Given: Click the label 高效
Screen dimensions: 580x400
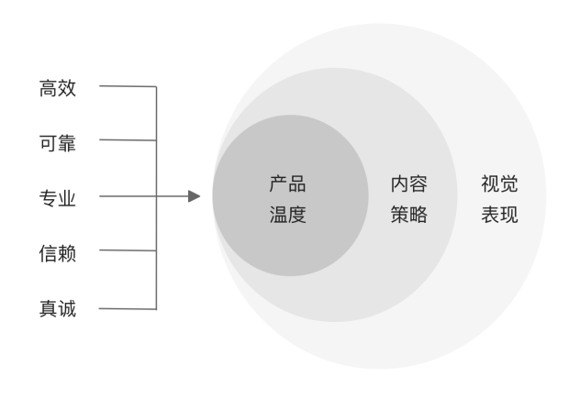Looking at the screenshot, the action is pos(57,88).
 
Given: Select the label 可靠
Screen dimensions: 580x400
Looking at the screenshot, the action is pos(57,142).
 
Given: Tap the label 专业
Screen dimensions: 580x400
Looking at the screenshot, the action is pos(57,197).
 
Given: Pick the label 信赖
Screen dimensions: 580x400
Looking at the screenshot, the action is pos(57,252).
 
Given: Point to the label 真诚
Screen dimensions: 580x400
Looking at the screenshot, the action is pos(57,308).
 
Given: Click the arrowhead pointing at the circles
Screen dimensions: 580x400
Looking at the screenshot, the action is pos(194,196).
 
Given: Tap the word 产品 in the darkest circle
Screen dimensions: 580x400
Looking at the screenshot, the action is pos(287,184).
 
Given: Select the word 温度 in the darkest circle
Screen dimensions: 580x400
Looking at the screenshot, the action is pos(287,217).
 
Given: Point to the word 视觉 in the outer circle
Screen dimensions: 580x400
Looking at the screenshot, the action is pos(499,184).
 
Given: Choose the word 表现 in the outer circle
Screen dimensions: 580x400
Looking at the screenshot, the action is pos(499,217).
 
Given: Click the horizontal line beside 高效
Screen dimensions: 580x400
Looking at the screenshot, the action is pos(127,87).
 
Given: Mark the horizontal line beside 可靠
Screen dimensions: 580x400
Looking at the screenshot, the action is pos(127,140).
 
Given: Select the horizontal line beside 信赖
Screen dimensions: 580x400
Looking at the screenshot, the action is pos(127,250).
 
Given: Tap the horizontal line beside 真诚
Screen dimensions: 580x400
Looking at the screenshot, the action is pos(127,308).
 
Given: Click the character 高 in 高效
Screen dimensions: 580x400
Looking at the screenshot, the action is pos(48,88).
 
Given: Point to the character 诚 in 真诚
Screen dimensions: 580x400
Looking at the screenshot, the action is pos(66,308).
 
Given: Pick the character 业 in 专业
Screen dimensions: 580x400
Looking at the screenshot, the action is pos(66,197).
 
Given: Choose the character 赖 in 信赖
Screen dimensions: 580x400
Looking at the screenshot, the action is pos(66,252).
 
